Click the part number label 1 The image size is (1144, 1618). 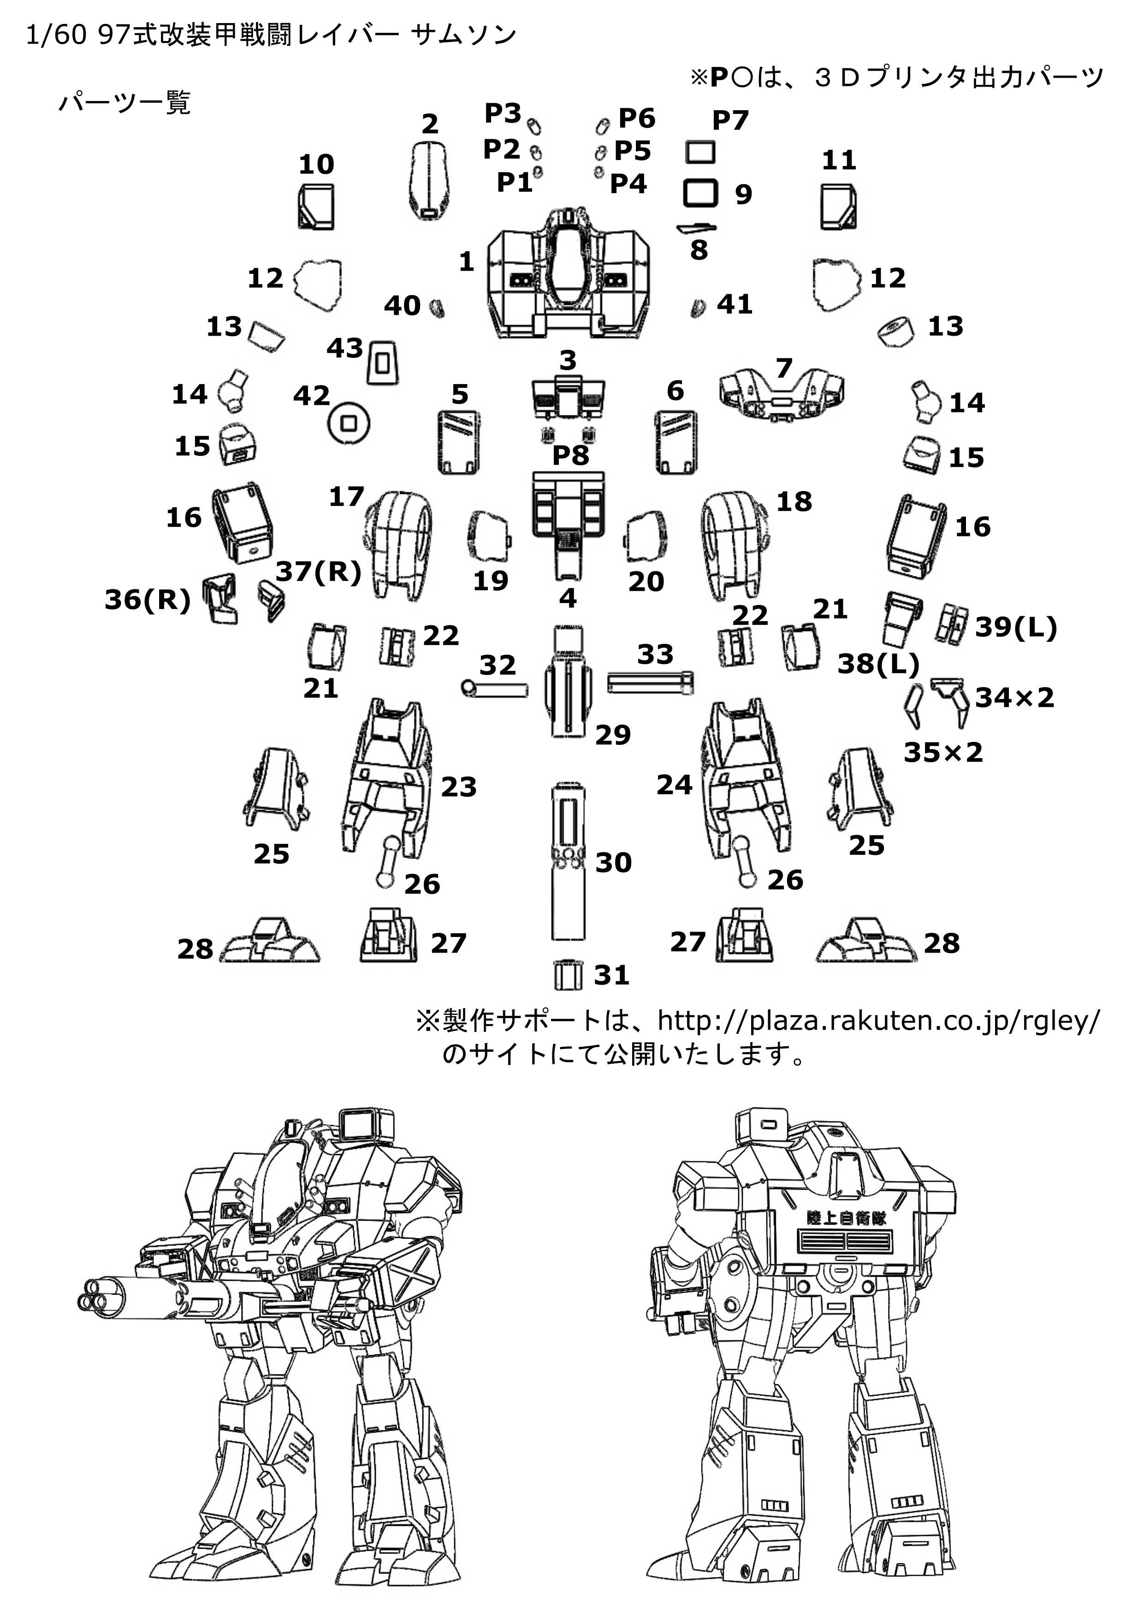(466, 262)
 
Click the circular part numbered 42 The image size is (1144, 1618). (349, 424)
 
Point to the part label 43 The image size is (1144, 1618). (345, 348)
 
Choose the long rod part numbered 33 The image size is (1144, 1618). (650, 682)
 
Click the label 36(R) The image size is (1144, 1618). (147, 600)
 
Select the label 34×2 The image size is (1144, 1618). (1014, 698)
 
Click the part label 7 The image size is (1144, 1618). (784, 368)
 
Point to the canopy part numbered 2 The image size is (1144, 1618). (428, 180)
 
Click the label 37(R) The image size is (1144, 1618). (318, 571)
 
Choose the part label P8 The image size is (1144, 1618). (570, 455)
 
